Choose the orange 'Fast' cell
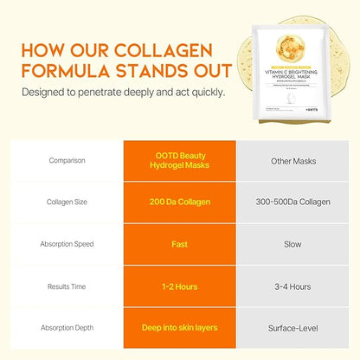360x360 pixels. pos(179,244)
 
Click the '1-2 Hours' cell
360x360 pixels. pos(179,286)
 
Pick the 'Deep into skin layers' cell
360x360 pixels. pos(179,328)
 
